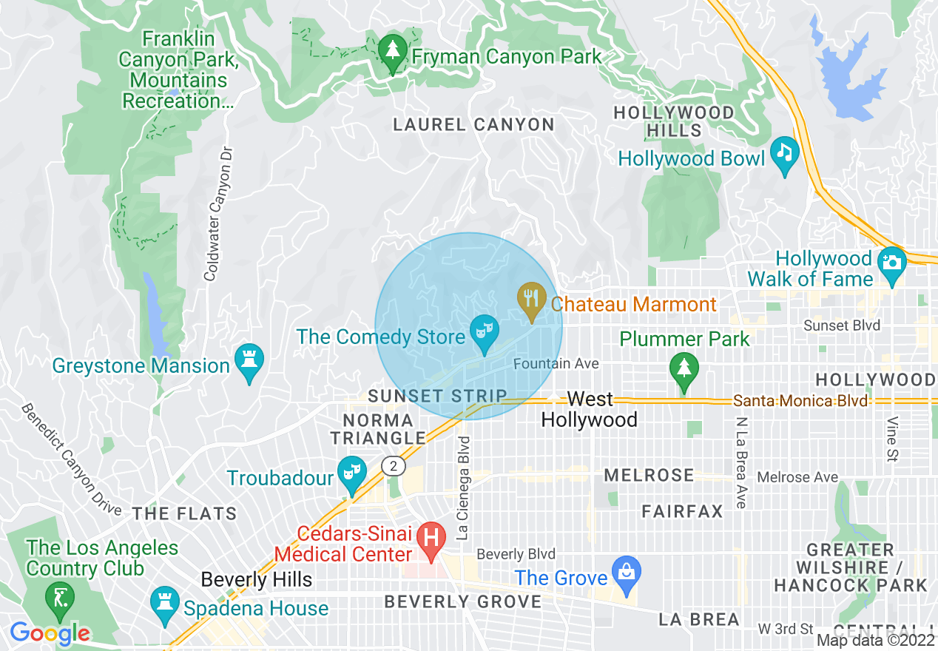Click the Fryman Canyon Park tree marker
pos(392,51)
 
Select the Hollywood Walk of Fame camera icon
pos(891,263)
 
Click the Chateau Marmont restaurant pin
pos(530,299)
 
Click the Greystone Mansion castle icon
pos(249,360)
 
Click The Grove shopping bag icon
pos(627,573)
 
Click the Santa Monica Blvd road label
pos(800,400)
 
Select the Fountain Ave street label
pos(556,364)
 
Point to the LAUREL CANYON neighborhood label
pos(473,125)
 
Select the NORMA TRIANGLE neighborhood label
pos(378,429)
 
